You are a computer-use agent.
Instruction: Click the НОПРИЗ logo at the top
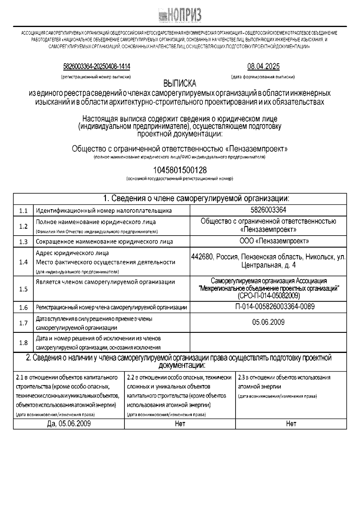180,14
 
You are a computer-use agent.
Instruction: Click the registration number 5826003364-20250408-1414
97,66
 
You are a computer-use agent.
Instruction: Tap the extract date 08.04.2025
263,66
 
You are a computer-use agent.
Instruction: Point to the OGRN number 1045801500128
180,170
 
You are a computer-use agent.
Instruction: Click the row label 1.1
23,211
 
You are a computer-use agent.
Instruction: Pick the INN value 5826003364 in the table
268,209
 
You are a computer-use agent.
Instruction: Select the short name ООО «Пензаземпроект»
268,241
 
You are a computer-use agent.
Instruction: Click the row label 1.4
23,262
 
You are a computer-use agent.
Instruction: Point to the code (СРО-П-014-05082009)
268,296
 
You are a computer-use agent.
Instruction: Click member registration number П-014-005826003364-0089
268,306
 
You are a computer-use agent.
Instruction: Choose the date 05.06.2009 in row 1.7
268,322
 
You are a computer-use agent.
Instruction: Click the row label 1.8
23,343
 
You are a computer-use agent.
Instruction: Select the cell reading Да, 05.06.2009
69,423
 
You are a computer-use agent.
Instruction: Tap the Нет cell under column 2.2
180,423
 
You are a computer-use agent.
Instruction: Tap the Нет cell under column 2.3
291,423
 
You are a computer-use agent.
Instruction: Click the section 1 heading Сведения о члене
196,198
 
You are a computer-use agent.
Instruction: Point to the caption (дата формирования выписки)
263,77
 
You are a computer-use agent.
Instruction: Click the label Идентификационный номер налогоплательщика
104,211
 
